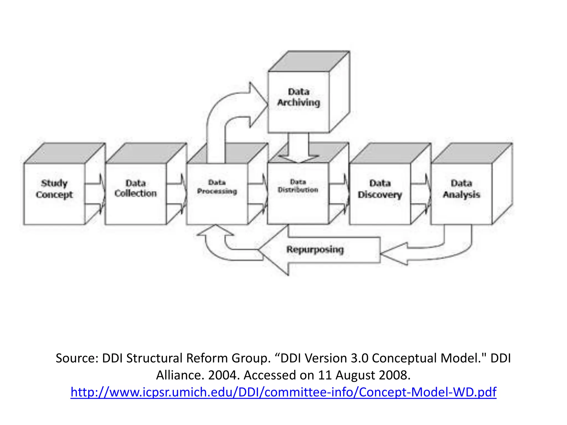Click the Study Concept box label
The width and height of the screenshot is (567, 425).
(54, 189)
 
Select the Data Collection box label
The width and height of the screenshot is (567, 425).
(135, 188)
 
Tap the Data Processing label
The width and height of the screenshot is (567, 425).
(217, 187)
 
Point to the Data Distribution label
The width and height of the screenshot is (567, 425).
(298, 186)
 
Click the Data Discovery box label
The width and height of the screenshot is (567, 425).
(380, 189)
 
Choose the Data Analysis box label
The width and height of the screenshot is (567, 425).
(461, 189)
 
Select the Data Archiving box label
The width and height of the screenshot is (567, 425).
(298, 97)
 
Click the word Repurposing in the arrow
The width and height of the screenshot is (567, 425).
(315, 250)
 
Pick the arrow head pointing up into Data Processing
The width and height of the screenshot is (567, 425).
(215, 231)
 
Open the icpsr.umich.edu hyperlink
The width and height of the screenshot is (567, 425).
(283, 392)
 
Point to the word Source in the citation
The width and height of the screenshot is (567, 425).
(75, 358)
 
